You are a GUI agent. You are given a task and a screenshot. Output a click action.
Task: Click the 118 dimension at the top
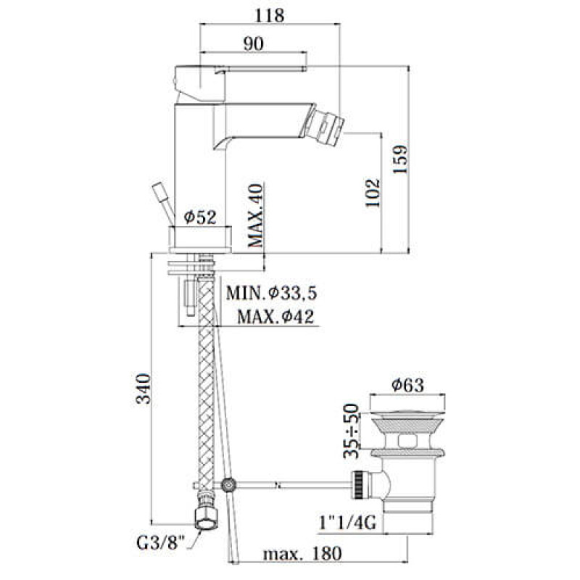270,15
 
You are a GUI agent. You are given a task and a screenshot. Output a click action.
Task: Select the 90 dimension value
254,43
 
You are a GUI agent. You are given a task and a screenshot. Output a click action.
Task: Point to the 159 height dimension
400,159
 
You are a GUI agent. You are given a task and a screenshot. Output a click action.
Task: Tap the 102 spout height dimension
373,193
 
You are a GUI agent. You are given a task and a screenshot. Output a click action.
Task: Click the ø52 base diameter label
200,217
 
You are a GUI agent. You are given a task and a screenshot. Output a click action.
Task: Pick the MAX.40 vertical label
255,215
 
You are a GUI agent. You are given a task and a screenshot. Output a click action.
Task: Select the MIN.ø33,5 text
271,293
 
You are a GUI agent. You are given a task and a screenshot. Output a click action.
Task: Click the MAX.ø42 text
275,317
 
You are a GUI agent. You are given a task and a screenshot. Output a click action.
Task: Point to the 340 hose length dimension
143,389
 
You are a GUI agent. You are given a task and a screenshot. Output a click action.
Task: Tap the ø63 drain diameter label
407,385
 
